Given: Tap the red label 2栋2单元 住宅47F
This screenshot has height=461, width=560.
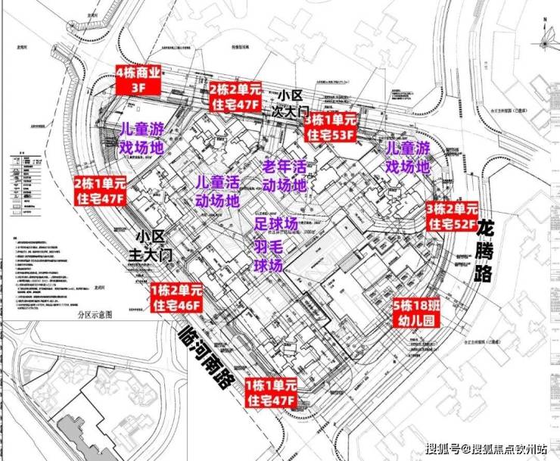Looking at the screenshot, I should (235, 96).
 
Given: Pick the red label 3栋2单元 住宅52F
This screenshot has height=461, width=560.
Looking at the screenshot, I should (452, 216).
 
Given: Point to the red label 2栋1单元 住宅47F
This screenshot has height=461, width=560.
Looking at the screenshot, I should (101, 190).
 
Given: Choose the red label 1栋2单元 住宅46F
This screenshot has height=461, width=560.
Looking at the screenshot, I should (177, 297).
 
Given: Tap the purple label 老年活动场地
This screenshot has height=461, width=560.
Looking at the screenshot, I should (284, 175).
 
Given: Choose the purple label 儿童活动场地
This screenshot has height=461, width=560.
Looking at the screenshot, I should (217, 191).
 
